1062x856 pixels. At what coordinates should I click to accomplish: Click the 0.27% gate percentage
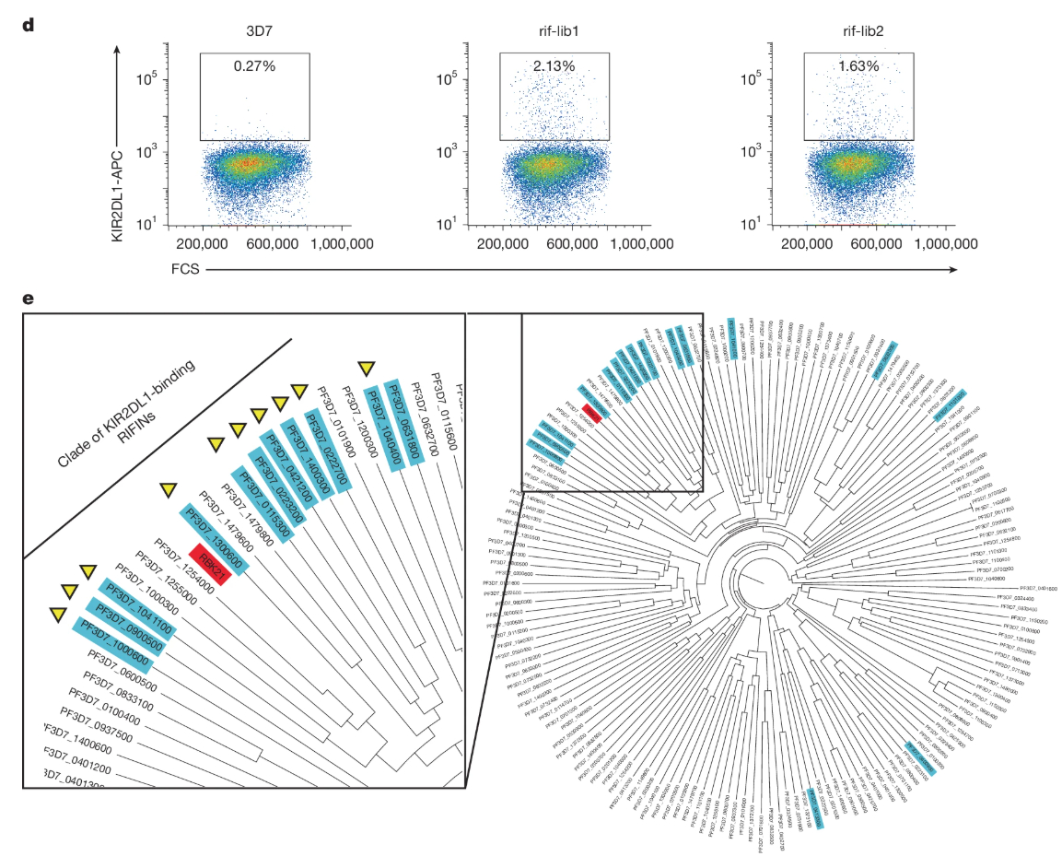[x=255, y=66]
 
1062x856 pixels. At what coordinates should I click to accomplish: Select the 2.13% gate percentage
[x=554, y=66]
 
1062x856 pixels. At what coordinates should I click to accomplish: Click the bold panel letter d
[x=29, y=23]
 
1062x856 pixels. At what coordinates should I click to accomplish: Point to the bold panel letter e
[x=29, y=299]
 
